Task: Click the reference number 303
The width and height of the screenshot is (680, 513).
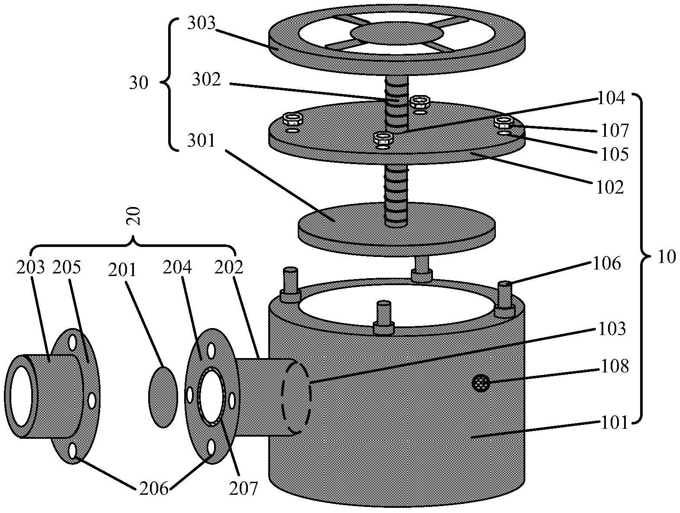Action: click(x=201, y=23)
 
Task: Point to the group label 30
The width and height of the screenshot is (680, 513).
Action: click(x=139, y=83)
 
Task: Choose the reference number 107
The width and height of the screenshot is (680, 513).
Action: click(x=615, y=130)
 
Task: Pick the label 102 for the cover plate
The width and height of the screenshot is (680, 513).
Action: click(x=610, y=187)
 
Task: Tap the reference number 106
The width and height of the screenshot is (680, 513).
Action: click(x=607, y=263)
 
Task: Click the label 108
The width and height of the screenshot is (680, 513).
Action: click(x=615, y=366)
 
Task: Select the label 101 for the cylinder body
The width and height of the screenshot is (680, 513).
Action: click(x=614, y=422)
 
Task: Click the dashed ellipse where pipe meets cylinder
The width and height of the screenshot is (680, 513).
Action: click(x=296, y=396)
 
